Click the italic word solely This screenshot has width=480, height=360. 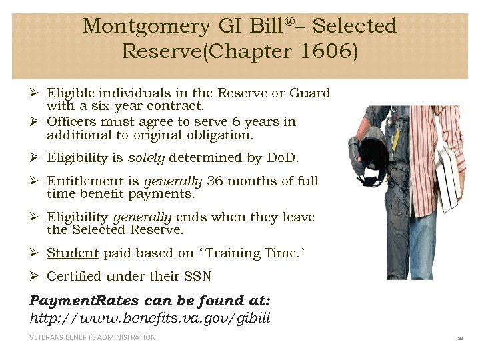[x=146, y=158]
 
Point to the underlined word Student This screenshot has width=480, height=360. [x=73, y=253]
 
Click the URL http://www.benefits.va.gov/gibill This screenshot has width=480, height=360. [x=150, y=317]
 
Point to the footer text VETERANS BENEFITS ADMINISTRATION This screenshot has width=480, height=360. [x=93, y=337]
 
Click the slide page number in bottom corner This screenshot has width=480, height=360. [x=459, y=338]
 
